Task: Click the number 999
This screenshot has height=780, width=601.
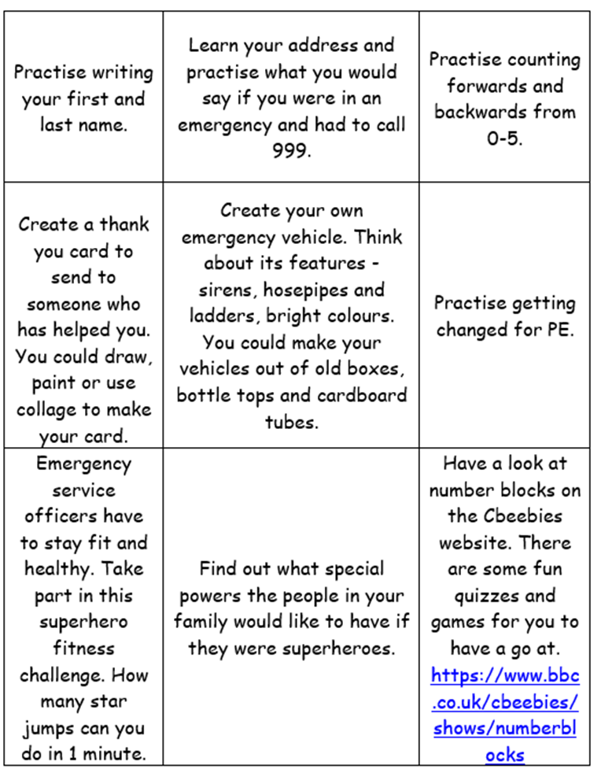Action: [291, 151]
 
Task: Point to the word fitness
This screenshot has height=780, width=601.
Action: [83, 649]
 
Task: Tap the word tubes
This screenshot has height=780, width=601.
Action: [291, 422]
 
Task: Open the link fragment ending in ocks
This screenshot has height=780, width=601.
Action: [503, 755]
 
